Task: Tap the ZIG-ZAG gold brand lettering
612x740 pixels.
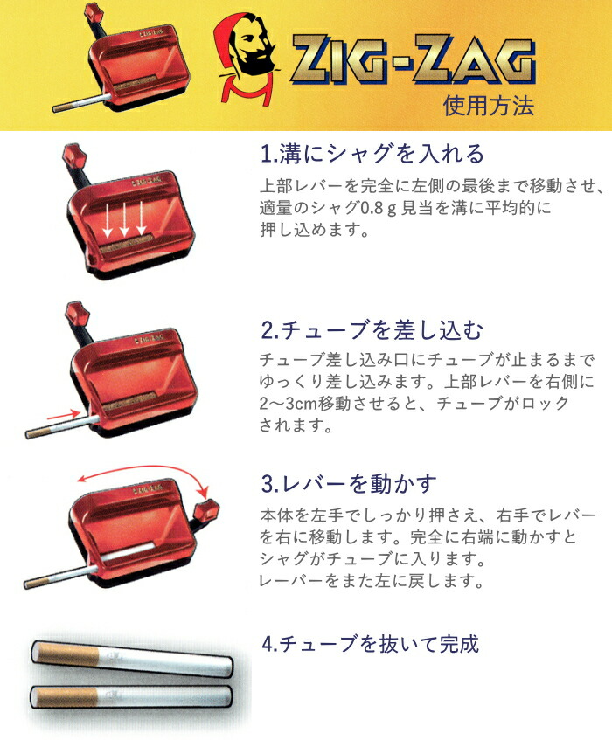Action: click(414, 60)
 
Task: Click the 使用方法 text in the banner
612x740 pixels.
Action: click(488, 105)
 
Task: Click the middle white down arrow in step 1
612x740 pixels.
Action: click(124, 218)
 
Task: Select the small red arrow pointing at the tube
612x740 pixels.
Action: click(64, 415)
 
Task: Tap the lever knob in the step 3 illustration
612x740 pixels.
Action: click(207, 510)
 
